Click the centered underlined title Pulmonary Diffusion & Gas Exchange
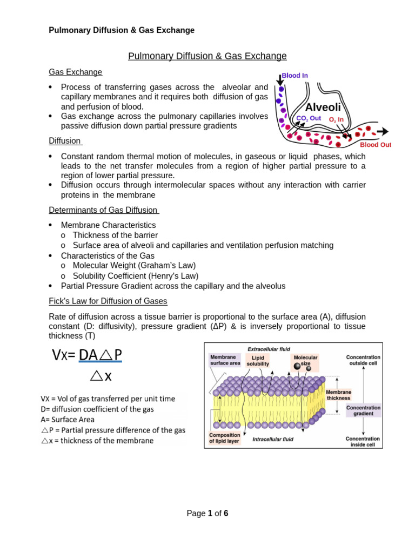[207, 56]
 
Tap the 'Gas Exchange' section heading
[75, 72]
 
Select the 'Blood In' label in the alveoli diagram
[294, 76]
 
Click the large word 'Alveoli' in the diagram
[323, 107]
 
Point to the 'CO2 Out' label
[309, 118]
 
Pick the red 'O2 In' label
[336, 119]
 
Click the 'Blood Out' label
[376, 145]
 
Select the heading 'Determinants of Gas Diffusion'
[104, 210]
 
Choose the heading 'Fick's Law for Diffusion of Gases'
[108, 301]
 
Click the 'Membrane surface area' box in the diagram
[225, 360]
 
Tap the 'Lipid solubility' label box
[258, 361]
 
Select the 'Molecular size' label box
[305, 361]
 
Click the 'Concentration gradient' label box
[363, 410]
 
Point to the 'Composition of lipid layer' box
[225, 438]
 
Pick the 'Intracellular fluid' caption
[273, 439]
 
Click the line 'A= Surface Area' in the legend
[68, 420]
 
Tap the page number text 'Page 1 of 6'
[207, 514]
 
